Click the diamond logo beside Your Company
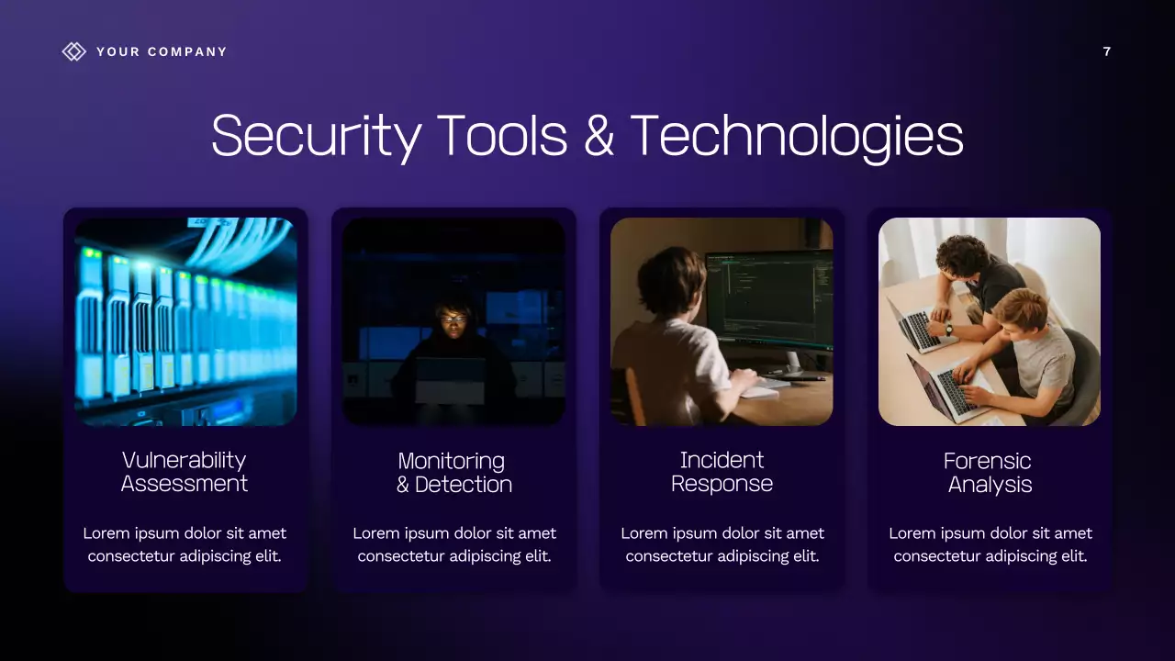click(x=73, y=51)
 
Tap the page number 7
click(x=1106, y=51)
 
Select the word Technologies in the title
click(x=797, y=136)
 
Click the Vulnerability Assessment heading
click(x=185, y=472)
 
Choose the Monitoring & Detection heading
click(x=453, y=472)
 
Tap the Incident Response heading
click(x=722, y=472)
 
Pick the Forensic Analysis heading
click(x=990, y=472)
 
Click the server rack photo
click(x=185, y=321)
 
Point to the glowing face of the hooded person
click(x=453, y=319)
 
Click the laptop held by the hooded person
click(x=450, y=378)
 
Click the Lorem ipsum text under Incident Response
click(x=722, y=544)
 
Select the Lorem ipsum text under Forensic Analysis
click(x=990, y=544)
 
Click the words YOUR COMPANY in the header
click(x=162, y=51)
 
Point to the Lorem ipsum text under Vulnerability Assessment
click(x=185, y=544)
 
